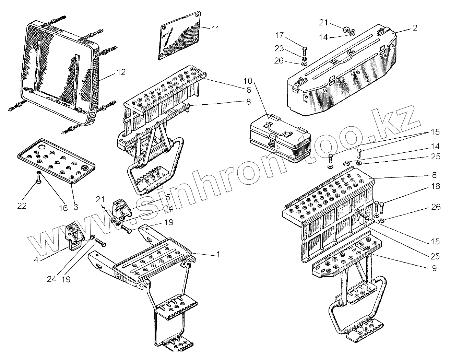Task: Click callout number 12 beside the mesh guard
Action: pos(120,72)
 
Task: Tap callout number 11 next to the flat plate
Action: pos(215,29)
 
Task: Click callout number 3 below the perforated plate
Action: pos(75,207)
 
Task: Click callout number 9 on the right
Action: pos(434,268)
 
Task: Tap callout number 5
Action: pos(168,198)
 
